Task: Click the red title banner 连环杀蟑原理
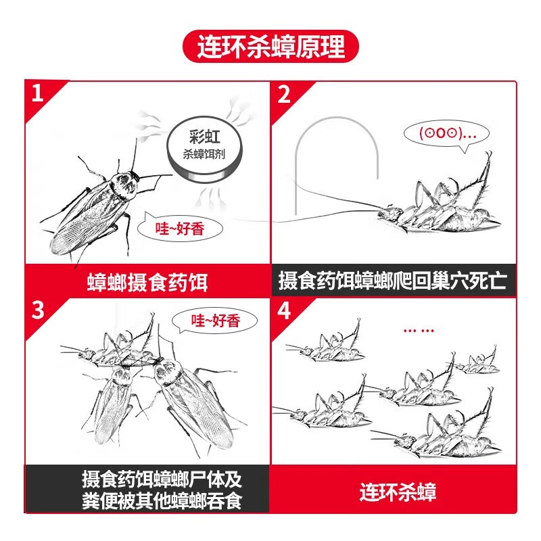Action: coord(270,47)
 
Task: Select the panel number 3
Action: coord(37,310)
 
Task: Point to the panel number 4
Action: coord(284,310)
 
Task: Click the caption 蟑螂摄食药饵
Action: coord(147,281)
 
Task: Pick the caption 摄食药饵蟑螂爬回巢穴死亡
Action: coord(393,281)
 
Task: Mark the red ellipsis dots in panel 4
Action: coord(417,331)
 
